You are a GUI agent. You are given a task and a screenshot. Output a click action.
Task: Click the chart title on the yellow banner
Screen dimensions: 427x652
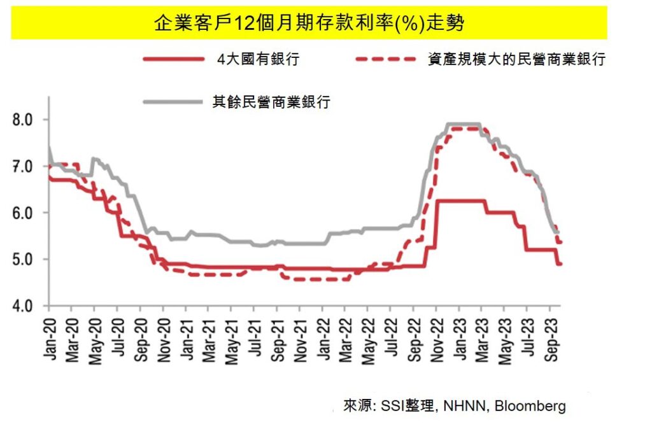[x=309, y=24]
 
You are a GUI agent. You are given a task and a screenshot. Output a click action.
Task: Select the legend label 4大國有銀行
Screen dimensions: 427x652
[x=257, y=60]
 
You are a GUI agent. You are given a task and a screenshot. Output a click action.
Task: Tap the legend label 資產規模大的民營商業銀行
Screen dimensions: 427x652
[x=516, y=60]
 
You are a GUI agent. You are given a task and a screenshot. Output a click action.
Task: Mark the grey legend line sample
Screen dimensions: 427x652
[x=173, y=102]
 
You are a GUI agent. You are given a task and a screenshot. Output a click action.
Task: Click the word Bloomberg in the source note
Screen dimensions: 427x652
[x=530, y=406]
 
